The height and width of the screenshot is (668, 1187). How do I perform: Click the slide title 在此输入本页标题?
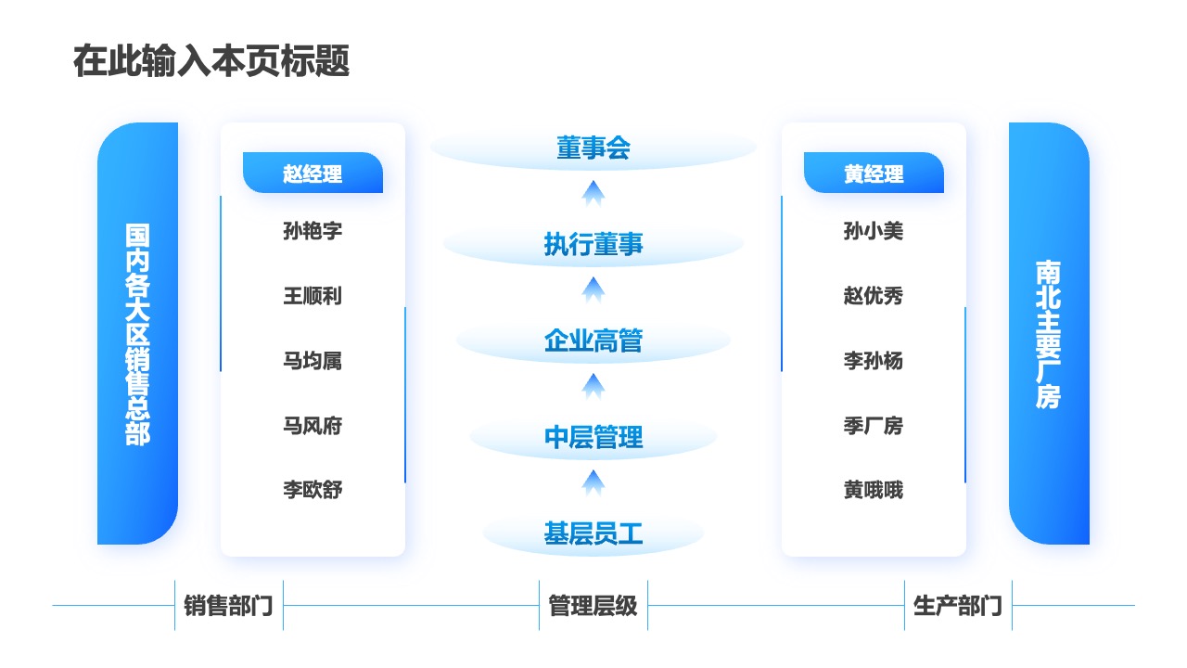click(211, 61)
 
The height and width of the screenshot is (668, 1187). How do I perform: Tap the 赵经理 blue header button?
click(313, 173)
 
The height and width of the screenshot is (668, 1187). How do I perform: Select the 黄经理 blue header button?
click(874, 173)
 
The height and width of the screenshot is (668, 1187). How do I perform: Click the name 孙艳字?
click(313, 231)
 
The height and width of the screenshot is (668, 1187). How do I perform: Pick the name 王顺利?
click(313, 296)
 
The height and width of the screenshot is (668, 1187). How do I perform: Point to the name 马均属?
click(313, 361)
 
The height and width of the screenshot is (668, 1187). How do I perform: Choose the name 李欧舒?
click(313, 490)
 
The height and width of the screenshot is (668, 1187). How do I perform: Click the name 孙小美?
click(874, 231)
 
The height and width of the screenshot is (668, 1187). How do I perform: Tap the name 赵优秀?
click(874, 296)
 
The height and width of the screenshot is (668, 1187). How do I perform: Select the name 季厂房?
click(874, 426)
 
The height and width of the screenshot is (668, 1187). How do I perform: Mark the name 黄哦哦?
click(874, 490)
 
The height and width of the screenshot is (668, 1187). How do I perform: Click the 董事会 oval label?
click(593, 148)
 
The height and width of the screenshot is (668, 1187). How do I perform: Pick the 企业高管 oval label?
click(593, 340)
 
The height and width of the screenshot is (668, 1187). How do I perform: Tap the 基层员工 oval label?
click(593, 533)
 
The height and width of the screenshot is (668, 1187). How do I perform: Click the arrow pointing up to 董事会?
click(593, 194)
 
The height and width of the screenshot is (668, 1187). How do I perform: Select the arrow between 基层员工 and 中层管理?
click(593, 483)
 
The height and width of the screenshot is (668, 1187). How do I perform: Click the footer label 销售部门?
click(228, 606)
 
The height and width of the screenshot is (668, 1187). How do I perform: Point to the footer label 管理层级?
click(593, 606)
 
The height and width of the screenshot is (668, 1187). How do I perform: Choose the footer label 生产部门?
click(958, 606)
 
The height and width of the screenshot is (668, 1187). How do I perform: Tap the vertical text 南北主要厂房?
click(1048, 334)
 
